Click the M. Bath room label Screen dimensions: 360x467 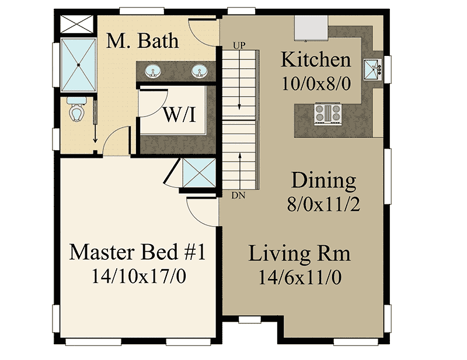(x=142, y=41)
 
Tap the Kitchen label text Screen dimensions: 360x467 (x=316, y=59)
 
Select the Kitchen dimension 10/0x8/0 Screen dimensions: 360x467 (x=316, y=83)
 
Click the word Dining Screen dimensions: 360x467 (x=324, y=181)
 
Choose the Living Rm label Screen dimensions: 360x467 (x=300, y=254)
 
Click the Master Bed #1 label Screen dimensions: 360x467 (x=138, y=253)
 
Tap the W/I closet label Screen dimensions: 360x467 (x=179, y=114)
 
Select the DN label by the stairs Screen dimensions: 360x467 (x=238, y=195)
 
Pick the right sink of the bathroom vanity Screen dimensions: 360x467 (x=199, y=72)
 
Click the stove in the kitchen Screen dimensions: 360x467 (x=327, y=112)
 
